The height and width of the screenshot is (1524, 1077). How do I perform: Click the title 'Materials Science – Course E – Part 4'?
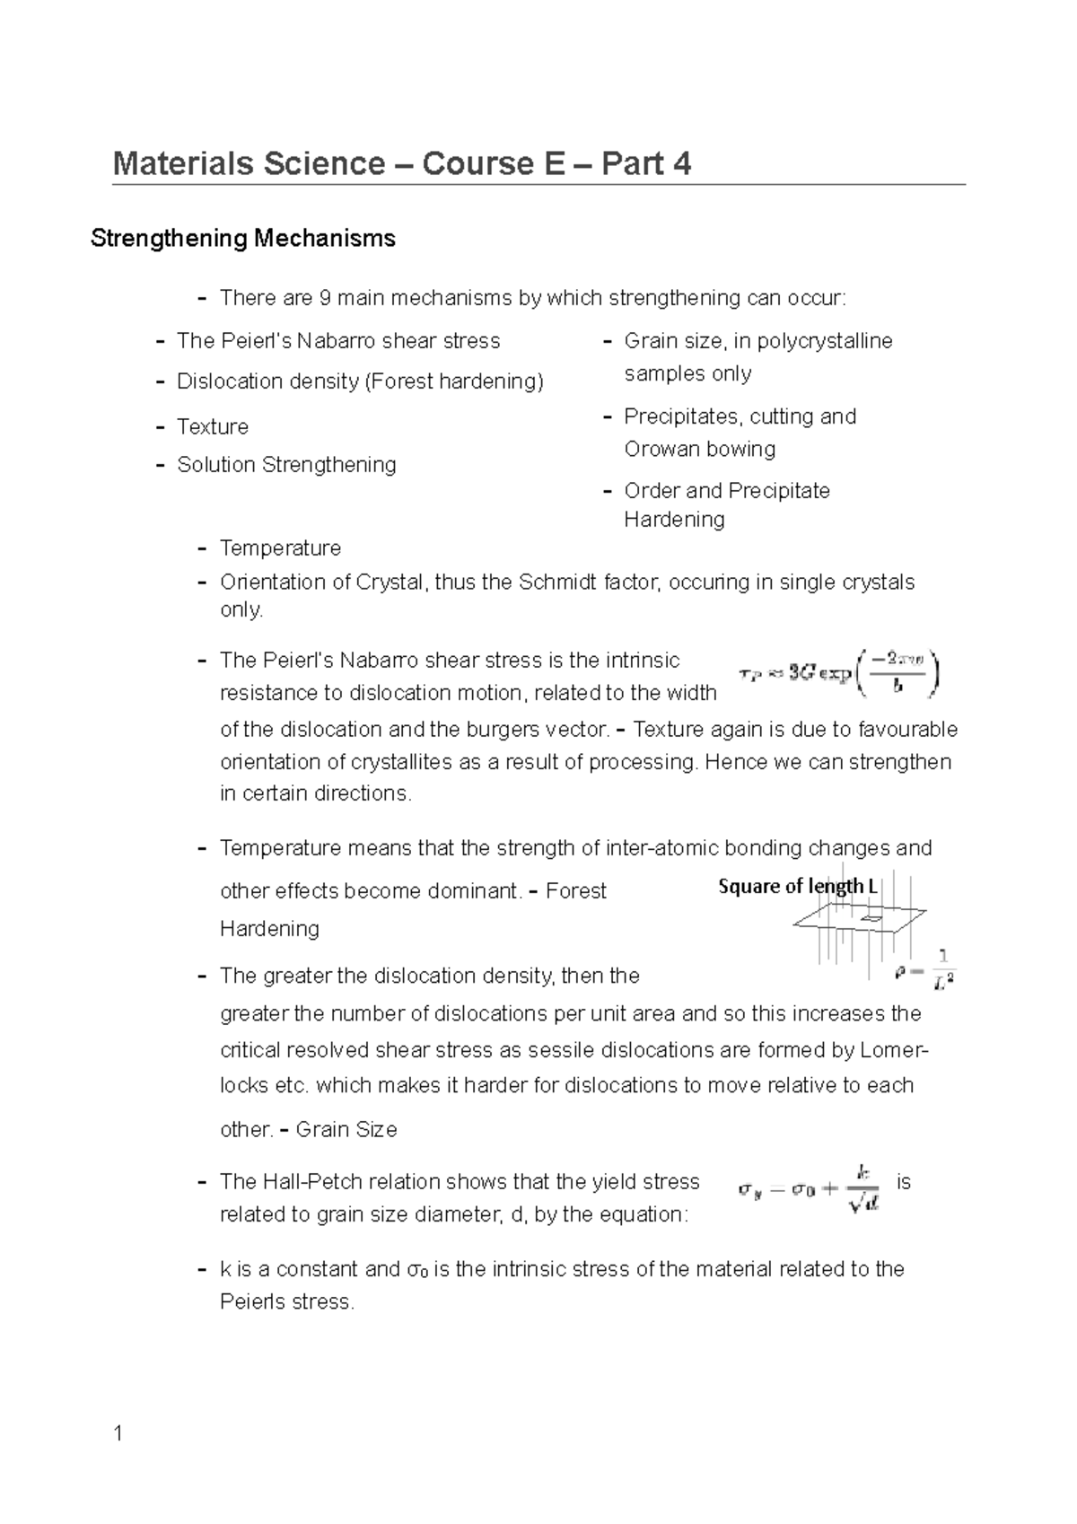401,164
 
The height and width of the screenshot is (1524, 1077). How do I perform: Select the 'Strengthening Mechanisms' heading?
243,239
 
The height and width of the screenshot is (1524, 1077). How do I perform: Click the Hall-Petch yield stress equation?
809,1190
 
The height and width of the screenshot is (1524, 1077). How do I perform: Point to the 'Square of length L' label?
797,887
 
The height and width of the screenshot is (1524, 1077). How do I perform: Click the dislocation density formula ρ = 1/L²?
926,970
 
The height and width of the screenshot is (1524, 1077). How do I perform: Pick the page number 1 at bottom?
118,1434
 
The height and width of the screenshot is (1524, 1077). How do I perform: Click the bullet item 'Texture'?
213,427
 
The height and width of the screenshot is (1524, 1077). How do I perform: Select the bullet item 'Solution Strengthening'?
286,465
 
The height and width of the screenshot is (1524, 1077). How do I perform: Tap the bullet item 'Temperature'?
280,548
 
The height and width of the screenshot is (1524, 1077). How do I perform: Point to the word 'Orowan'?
660,449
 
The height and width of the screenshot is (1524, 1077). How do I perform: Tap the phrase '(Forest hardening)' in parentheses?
453,381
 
